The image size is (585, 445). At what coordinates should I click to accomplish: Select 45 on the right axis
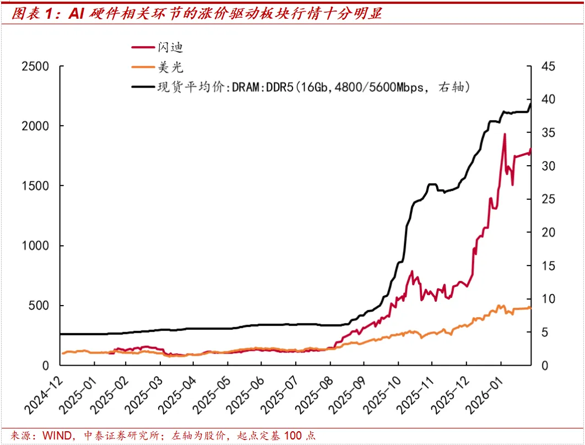tap(548, 67)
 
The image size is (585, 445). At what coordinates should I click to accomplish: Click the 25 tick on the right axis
tap(548, 199)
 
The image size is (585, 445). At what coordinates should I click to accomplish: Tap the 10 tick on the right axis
tap(548, 299)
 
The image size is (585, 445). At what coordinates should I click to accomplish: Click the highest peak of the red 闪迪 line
tap(504, 134)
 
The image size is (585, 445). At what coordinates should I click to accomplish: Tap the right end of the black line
tap(530, 103)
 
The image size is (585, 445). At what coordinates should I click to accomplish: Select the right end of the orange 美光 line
tap(530, 307)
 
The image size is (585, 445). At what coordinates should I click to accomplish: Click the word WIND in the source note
tap(57, 436)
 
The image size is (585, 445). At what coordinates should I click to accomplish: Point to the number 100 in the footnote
tap(292, 436)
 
